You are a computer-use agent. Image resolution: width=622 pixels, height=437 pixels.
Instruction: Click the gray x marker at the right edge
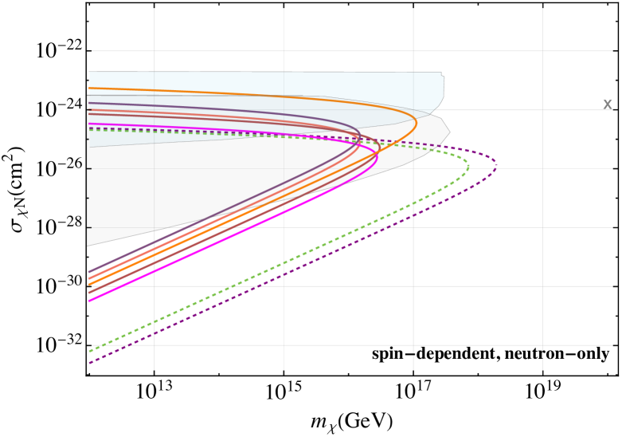click(x=607, y=105)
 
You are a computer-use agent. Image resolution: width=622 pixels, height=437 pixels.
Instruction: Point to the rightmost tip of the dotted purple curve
click(x=497, y=166)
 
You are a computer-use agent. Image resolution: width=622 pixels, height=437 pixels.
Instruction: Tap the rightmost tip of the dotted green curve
click(x=468, y=166)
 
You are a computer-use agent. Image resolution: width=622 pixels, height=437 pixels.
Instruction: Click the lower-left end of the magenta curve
click(x=89, y=301)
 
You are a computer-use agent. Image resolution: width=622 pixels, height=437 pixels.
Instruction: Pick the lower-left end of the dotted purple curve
click(x=89, y=364)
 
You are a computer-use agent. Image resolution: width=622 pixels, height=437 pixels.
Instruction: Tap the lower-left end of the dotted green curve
click(x=89, y=351)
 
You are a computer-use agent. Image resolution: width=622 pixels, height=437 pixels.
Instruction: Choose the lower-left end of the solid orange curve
click(x=89, y=285)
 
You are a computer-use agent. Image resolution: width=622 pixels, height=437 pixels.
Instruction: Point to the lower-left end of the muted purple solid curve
click(x=89, y=272)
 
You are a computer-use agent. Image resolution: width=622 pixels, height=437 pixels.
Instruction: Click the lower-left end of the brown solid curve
click(x=89, y=293)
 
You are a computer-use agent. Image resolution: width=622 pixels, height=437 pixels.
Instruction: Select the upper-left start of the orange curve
click(x=89, y=88)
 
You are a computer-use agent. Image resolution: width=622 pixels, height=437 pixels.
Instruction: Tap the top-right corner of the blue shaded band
click(x=442, y=73)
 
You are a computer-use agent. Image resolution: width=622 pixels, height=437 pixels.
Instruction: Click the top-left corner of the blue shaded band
click(x=89, y=73)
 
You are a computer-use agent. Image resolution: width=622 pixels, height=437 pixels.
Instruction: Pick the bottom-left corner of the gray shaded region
click(x=88, y=246)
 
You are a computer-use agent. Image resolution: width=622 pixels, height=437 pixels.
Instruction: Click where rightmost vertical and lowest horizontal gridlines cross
click(x=542, y=345)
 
